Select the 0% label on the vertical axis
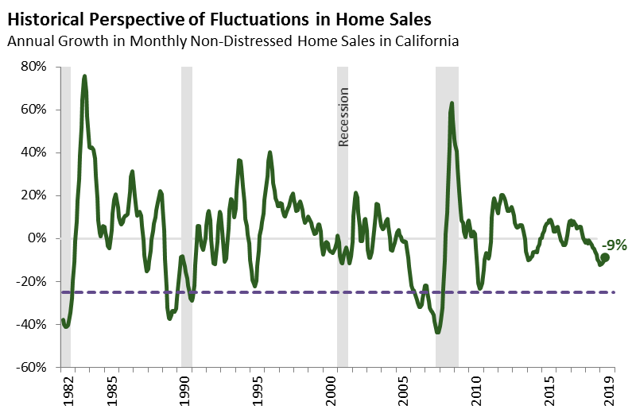coord(40,238)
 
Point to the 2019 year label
coord(611,391)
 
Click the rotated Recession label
coord(344,118)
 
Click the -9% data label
coord(613,244)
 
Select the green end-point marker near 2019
coord(605,257)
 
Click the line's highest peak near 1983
coord(84,76)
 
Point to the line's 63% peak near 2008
coord(452,103)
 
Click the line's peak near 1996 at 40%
coord(269,153)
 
